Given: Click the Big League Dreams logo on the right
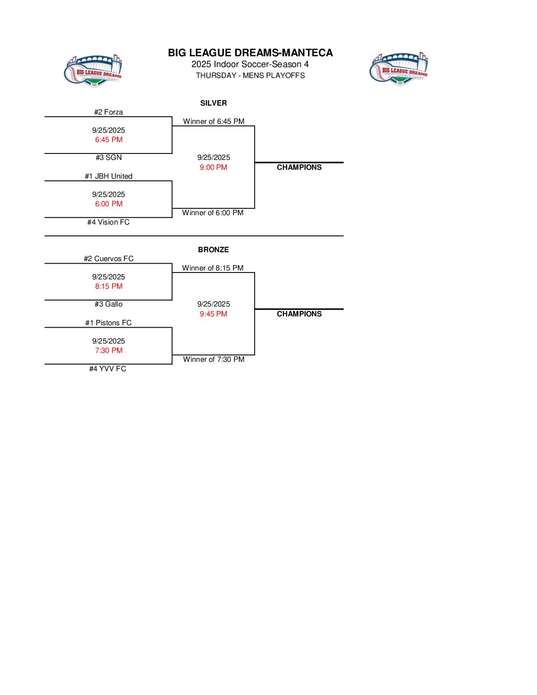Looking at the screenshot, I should [x=399, y=69].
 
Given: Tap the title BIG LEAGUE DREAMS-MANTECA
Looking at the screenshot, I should [x=250, y=53].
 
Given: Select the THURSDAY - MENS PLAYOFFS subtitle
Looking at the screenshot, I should [x=250, y=76].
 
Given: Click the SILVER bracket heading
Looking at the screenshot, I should [x=213, y=103].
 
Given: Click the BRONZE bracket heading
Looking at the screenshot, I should [x=213, y=250].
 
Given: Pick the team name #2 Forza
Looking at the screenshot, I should [x=109, y=112].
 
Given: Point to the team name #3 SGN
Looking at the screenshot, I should [x=109, y=157].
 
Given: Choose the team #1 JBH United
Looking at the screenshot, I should [x=109, y=176].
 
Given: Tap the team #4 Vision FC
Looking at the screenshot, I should [x=109, y=222].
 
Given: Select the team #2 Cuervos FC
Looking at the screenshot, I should [x=109, y=259].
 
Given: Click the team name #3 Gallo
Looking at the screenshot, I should [x=109, y=304].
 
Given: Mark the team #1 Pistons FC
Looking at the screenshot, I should [x=109, y=323].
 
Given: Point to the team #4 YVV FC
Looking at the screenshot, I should [x=108, y=369].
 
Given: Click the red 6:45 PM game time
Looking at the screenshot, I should [x=109, y=140].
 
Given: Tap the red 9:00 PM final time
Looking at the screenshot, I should [x=213, y=167].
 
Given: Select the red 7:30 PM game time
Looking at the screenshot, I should [x=109, y=350].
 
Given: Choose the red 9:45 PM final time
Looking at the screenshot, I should [x=213, y=314].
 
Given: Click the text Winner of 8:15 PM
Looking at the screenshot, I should [x=213, y=268].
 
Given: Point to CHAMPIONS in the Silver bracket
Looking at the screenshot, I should [x=299, y=167].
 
